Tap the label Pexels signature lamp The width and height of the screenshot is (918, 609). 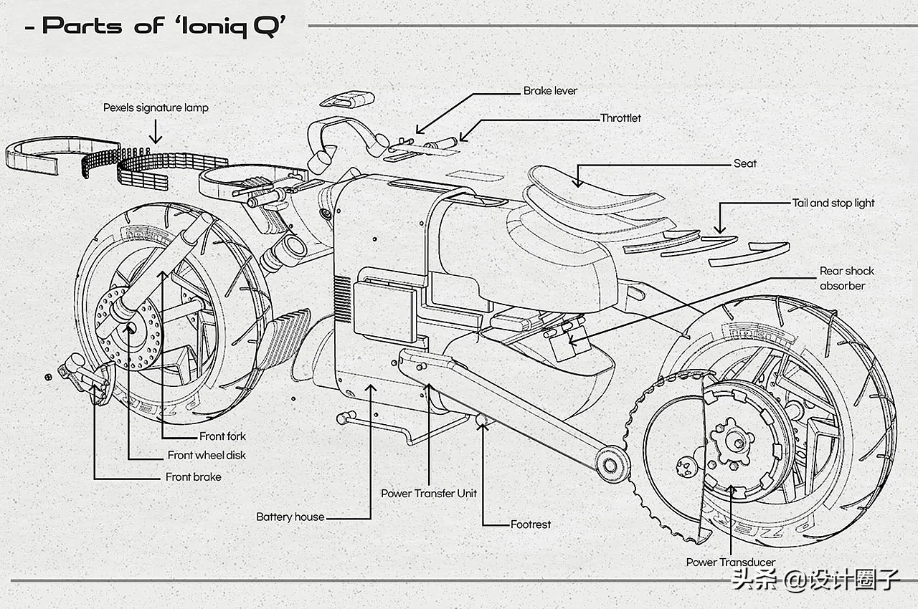[x=156, y=107]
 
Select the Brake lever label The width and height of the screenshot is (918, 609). [x=549, y=91]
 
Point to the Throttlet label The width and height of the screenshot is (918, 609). [x=620, y=118]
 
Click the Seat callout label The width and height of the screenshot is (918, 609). [x=744, y=163]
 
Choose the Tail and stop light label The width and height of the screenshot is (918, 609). [x=833, y=203]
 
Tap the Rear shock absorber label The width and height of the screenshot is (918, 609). [x=846, y=278]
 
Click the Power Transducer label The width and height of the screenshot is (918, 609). [x=730, y=562]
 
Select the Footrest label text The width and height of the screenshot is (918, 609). [x=530, y=524]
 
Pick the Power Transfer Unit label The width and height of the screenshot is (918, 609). [x=428, y=493]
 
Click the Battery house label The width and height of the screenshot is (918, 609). [x=290, y=517]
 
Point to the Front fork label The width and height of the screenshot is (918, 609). [x=222, y=436]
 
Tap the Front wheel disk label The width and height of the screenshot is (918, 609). [x=207, y=455]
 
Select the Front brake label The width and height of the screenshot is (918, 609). [x=193, y=476]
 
